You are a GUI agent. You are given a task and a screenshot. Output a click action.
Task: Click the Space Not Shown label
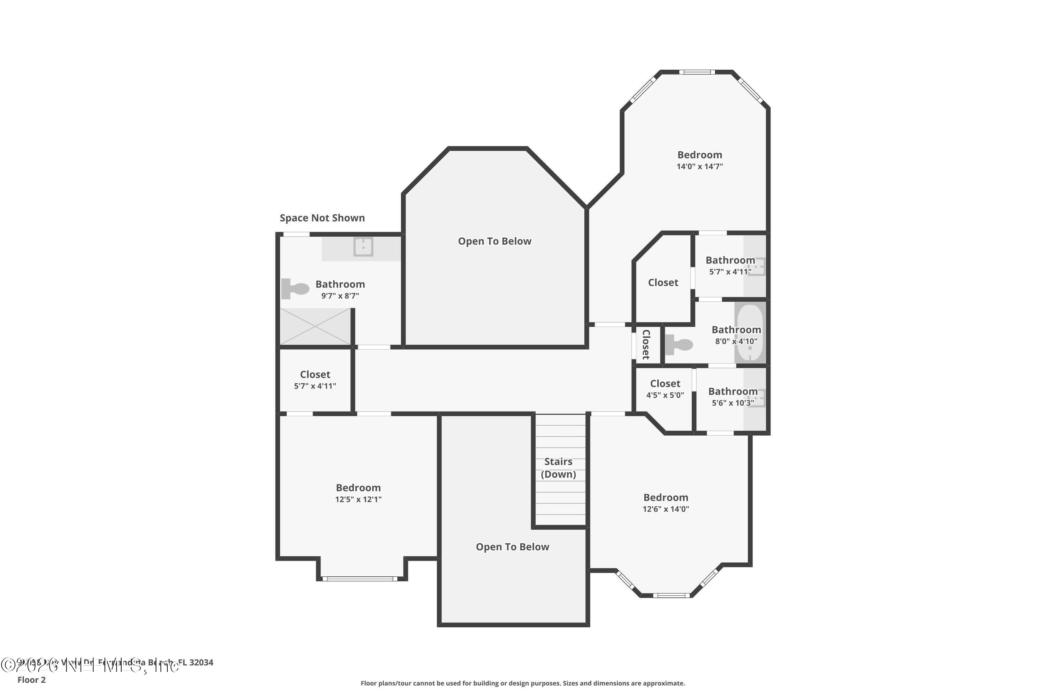(322, 218)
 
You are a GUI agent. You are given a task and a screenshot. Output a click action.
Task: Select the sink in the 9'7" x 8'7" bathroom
(363, 247)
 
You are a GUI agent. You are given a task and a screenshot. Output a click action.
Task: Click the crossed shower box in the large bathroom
(315, 327)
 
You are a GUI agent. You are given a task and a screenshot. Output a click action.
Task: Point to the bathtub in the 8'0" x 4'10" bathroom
(750, 333)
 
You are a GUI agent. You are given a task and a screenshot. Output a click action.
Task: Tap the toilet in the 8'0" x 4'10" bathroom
(679, 345)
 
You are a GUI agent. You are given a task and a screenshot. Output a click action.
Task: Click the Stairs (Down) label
(558, 468)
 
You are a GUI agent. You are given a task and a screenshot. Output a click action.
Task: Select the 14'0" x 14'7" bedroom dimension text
(699, 167)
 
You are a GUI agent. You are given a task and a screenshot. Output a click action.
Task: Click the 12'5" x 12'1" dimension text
(358, 499)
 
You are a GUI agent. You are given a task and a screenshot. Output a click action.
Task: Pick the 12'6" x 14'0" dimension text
(665, 509)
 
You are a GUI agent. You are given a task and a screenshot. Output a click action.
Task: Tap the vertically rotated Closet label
(646, 345)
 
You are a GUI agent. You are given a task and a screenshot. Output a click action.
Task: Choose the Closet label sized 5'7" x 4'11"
(315, 375)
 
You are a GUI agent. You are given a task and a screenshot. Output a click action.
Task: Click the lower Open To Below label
(512, 547)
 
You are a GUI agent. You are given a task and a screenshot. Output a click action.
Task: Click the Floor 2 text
(32, 680)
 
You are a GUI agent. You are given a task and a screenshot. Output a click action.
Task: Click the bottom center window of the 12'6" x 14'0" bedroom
(672, 596)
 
